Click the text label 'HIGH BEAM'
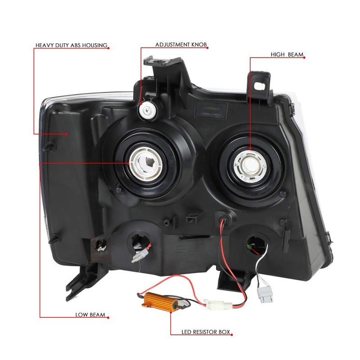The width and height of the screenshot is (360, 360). coord(287,55)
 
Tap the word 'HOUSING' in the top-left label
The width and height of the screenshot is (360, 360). coord(94,45)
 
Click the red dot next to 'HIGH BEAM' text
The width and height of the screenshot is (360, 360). coord(306,56)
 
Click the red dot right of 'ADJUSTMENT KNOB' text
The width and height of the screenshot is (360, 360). coord(209,45)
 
